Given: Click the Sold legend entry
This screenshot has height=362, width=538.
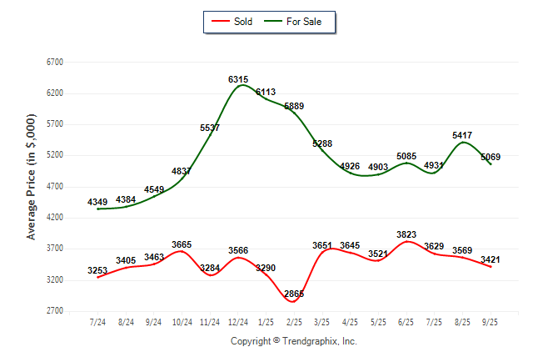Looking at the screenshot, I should pos(232,22).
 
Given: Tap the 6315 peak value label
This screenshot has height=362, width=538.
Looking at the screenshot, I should pos(238,79).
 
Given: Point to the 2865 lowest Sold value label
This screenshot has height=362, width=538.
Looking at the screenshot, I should pos(294,294).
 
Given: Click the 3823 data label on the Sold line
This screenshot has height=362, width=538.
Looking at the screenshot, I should pos(406,234).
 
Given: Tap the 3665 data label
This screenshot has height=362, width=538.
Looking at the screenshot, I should pos(182,244).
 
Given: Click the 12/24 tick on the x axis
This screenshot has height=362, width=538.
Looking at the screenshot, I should pos(238,322).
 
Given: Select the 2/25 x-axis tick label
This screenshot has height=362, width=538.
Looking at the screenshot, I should pos(294,322).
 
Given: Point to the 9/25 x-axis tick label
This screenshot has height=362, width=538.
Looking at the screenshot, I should pos(491,322).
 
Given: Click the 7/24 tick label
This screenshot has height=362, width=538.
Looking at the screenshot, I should pos(97,322).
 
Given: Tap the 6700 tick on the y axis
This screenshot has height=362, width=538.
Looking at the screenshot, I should pos(54,63).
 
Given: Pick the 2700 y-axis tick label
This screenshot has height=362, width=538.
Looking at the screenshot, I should pos(54,311).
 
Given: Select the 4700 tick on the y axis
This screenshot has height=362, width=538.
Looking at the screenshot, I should pos(54,187).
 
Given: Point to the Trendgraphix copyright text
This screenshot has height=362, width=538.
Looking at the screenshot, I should pos(293,342).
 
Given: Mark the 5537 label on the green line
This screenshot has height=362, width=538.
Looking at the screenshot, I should pos(210,128).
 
